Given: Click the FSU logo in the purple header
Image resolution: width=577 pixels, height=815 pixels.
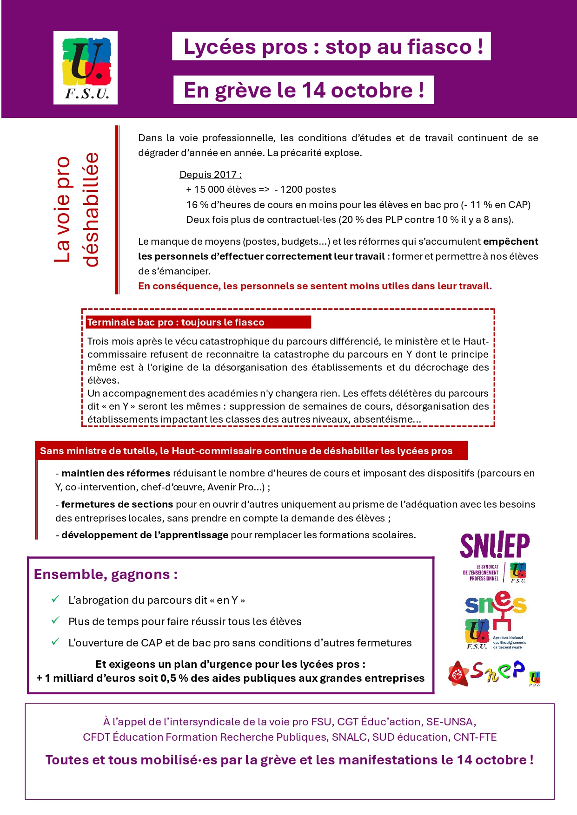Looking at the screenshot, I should pos(86,67).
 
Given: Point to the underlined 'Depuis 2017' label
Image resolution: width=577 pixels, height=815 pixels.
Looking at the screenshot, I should pos(210,175).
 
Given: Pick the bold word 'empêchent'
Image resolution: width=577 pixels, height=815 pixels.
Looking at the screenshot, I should pos(511,241).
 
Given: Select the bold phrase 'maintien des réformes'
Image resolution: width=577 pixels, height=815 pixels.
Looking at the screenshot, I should pos(116,473).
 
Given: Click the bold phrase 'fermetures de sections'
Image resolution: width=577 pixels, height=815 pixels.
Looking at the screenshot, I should pos(117,504).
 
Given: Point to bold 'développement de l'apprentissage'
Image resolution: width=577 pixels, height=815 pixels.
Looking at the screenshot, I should pos(145,535).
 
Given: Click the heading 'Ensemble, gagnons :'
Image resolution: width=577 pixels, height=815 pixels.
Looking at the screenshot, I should pos(106,574).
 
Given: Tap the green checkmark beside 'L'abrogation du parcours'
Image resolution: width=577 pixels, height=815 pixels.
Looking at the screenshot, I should pos(55,599).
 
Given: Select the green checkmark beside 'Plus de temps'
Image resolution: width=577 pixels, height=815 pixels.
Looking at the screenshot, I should pos(55,620).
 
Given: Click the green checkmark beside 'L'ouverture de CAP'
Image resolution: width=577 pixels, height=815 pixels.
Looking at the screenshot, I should pos(55,642).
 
